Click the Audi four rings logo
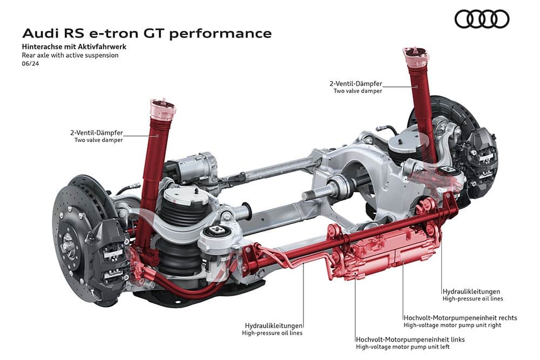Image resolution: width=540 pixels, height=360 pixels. pos(482,19)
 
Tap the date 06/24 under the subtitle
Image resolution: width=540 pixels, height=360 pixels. pos(30,64)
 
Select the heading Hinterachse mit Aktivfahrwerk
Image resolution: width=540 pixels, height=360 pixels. pos(74,46)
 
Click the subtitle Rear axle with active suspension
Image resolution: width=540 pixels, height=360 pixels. pos(70,55)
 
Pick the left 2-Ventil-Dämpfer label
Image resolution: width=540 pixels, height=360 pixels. pos(97,133)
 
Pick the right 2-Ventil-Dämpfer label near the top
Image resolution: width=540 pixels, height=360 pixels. pos(356,84)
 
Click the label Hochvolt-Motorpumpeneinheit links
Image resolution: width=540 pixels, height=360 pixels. pos(410,339)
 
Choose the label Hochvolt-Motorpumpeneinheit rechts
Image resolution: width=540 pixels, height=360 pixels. pos(460,318)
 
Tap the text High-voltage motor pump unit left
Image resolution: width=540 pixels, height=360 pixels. pos(403,347)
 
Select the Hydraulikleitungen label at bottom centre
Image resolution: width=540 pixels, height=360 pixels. pos(273,325)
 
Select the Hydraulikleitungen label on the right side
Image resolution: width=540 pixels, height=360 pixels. pos(471,291)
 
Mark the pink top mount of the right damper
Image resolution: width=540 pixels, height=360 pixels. pos(416,56)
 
